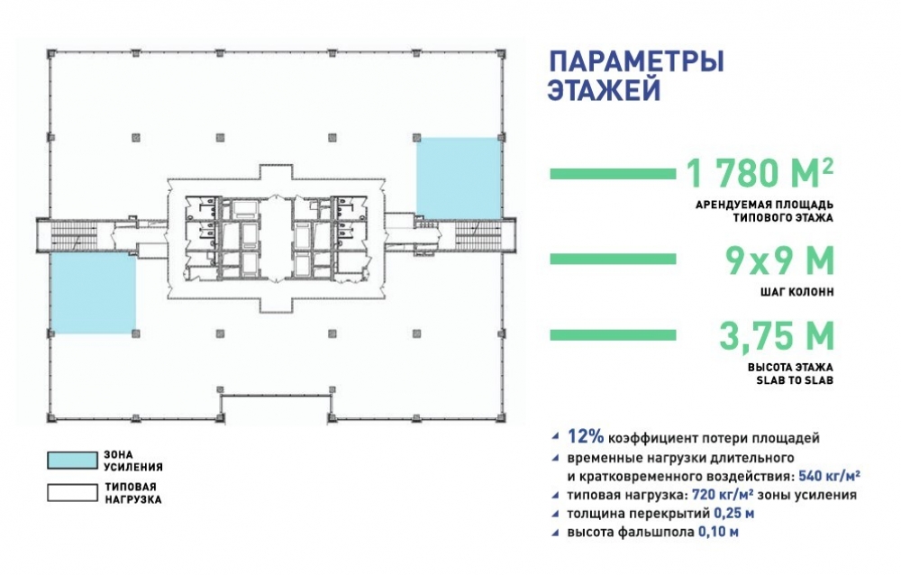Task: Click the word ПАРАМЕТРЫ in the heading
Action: point(636,61)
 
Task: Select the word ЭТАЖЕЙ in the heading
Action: point(605,90)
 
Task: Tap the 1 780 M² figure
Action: point(760,172)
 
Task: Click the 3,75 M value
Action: point(777,335)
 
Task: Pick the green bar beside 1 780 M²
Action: point(613,174)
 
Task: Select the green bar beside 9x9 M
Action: point(613,260)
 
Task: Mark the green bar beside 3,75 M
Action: point(613,334)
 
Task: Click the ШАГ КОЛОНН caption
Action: point(796,292)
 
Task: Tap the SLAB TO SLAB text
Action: point(795,380)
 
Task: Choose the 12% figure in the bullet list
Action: point(586,437)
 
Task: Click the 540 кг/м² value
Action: point(829,476)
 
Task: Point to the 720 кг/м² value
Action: point(723,495)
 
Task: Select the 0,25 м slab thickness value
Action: point(734,514)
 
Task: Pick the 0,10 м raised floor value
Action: point(718,532)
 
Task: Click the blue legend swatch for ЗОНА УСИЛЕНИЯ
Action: point(72,460)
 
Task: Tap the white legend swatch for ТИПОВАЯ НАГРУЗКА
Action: point(72,493)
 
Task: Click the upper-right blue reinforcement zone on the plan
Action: point(459,178)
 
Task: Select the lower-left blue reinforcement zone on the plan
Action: point(93,293)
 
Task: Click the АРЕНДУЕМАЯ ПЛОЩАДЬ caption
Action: point(764,205)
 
